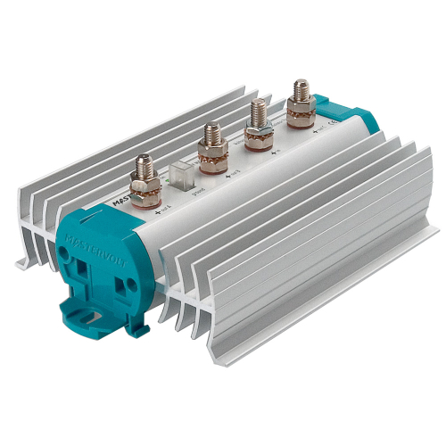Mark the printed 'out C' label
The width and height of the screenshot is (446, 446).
coord(322,128)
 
